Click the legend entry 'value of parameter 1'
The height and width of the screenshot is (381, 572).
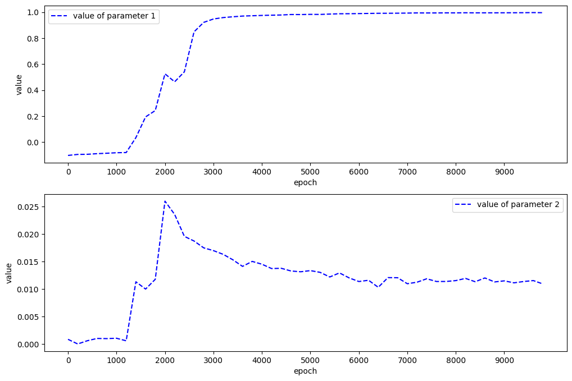point(103,16)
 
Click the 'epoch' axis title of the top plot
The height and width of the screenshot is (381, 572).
point(305,183)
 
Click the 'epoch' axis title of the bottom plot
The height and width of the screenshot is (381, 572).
point(305,371)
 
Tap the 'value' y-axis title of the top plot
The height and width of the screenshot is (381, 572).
point(19,84)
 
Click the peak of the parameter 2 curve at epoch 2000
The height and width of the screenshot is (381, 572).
point(165,201)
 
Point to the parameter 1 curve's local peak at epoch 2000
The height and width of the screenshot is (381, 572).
point(165,74)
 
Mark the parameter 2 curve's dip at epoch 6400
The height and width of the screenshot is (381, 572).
point(378,287)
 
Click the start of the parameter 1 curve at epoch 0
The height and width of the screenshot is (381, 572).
point(68,155)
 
